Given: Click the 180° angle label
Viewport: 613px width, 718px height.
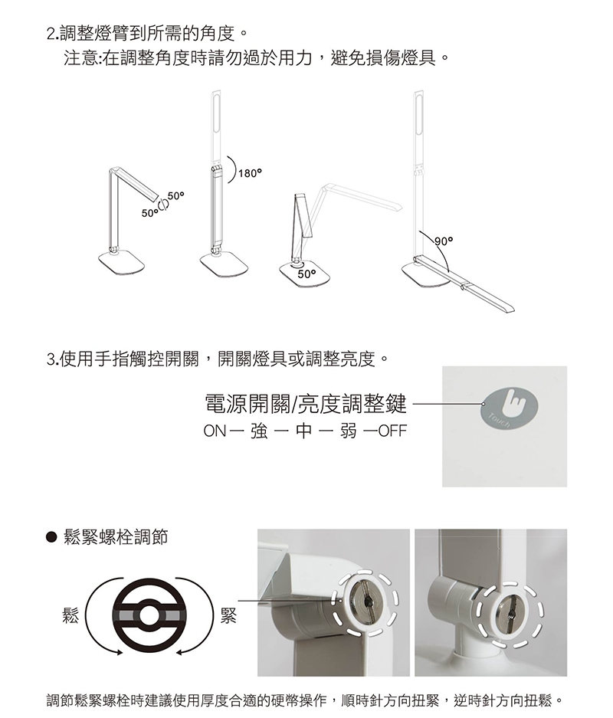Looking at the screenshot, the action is pos(250,173).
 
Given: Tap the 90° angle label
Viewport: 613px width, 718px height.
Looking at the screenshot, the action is pos(444,241).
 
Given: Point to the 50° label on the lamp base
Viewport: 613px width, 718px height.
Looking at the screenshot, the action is pos(306,274).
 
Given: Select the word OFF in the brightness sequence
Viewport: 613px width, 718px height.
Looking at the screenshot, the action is pos(392,431).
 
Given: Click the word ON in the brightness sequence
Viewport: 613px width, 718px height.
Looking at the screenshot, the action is pos(215,431).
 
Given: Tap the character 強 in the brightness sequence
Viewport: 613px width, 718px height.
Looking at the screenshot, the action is pos(259,431).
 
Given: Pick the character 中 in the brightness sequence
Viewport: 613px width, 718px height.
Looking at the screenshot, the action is pos(303,431).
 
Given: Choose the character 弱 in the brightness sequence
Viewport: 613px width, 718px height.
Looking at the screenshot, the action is pos(348,431).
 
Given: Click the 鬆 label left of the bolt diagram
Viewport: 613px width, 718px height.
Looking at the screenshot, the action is pos(70,616).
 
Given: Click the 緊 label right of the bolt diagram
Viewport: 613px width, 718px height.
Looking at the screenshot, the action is pos(228,616).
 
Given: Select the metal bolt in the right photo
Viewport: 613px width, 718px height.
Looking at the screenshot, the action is pos(512,611).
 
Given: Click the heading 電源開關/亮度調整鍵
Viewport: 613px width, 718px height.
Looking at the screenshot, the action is pos(306,403).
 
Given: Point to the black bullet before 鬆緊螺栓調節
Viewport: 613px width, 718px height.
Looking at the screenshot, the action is pos(52,536).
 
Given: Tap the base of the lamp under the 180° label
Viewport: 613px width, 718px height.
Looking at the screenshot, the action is pos(225,264).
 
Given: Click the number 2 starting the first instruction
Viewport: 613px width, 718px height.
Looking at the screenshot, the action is pos(51,34).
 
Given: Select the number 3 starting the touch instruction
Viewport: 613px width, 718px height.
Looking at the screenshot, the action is pos(51,359).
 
